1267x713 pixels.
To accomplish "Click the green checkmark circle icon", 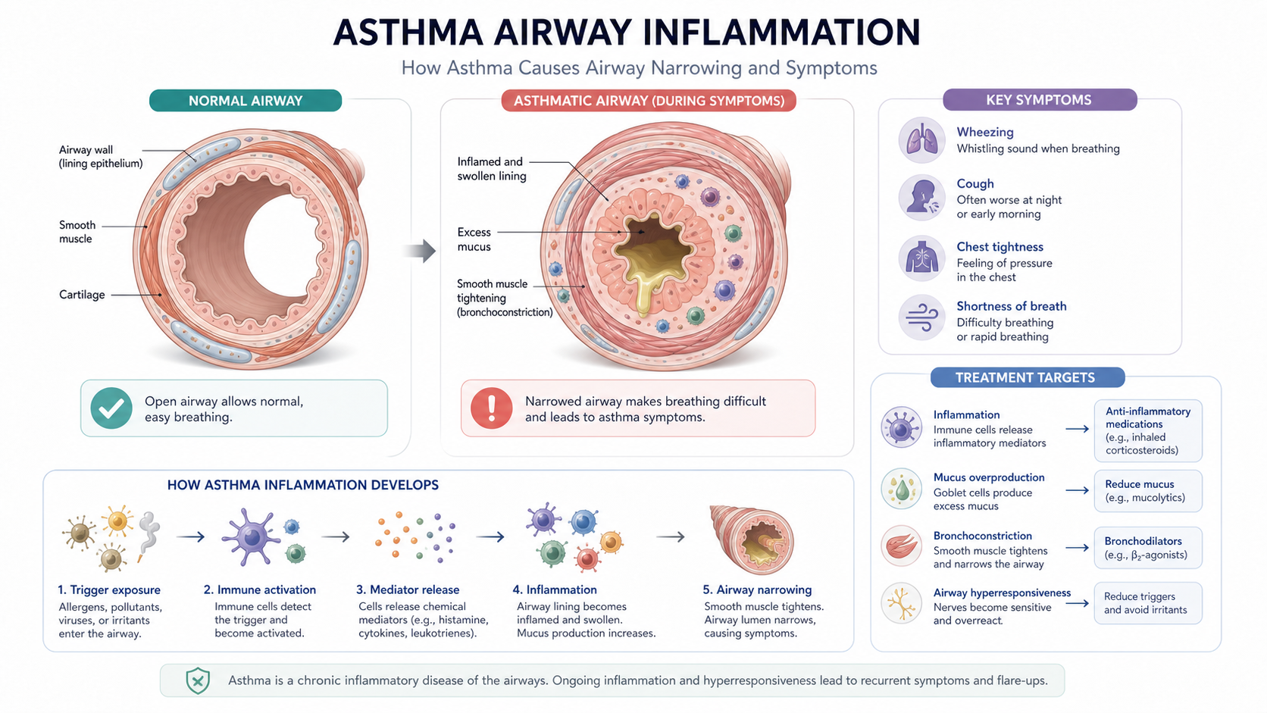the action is [x=111, y=408].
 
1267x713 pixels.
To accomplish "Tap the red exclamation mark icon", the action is [x=491, y=408].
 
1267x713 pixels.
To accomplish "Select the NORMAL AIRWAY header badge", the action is [x=246, y=101].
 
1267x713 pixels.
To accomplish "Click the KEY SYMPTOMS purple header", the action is [x=1040, y=100].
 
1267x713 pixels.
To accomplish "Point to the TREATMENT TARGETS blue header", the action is [x=1028, y=377].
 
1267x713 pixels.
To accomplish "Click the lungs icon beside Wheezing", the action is [x=921, y=140].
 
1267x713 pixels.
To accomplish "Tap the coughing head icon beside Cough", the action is [x=921, y=198].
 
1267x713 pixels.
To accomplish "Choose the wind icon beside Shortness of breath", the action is [x=921, y=317].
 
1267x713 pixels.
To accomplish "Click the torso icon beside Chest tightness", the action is [x=921, y=259].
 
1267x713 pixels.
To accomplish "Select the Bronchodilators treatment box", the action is [x=1148, y=548].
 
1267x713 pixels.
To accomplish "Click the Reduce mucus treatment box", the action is [x=1148, y=491].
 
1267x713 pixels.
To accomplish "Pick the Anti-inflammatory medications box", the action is [x=1148, y=430].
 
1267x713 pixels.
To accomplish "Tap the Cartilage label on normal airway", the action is [x=82, y=295].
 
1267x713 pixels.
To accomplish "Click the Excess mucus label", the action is [x=474, y=239].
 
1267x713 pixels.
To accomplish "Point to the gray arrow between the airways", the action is [x=421, y=251].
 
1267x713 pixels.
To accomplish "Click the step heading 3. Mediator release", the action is [x=407, y=589].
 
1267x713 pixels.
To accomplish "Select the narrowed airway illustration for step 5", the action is [x=752, y=540].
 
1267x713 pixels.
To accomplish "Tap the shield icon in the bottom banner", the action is [x=198, y=680].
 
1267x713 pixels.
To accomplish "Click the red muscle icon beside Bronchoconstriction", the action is [x=902, y=547].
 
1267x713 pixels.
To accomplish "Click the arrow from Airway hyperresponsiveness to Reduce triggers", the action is [x=1078, y=603].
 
